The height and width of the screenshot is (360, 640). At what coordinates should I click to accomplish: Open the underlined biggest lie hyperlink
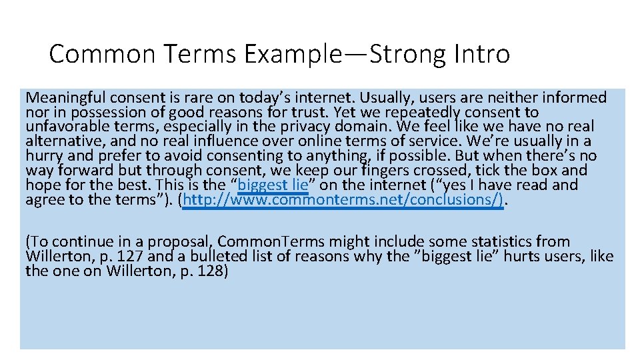point(273,185)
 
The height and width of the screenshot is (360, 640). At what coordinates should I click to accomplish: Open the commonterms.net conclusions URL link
point(343,200)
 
